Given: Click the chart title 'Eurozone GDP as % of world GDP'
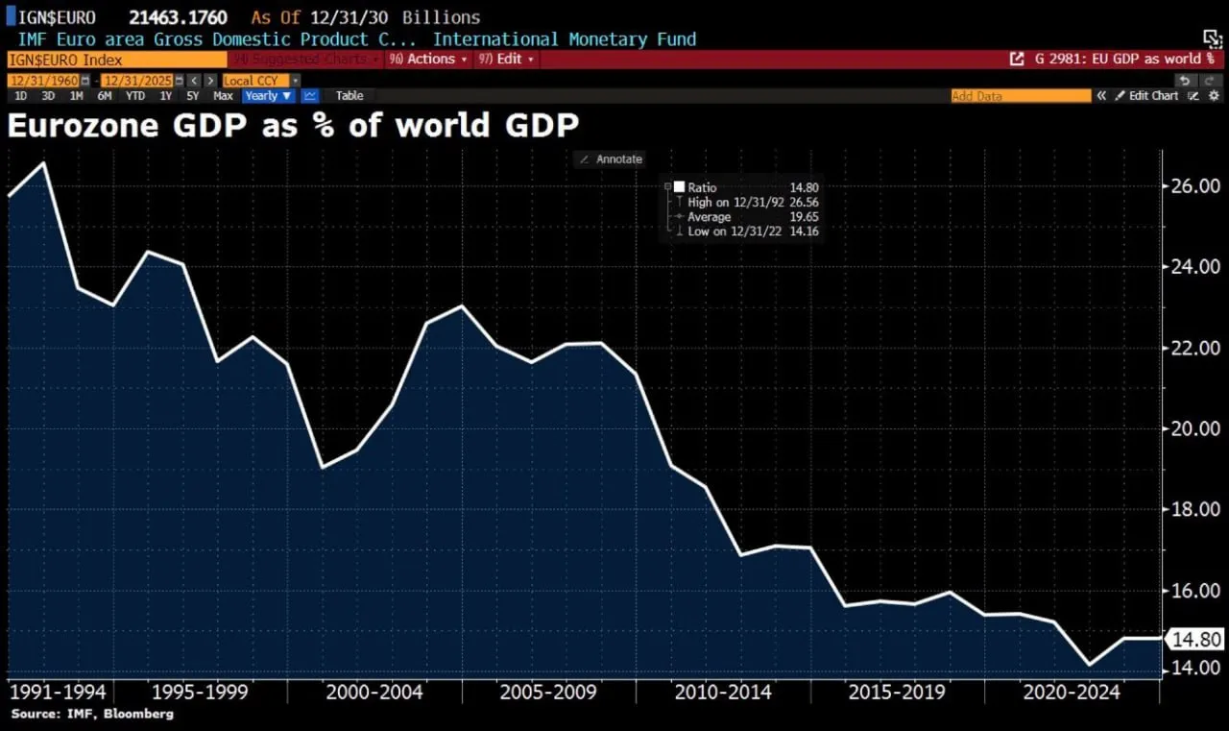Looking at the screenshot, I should [x=293, y=126].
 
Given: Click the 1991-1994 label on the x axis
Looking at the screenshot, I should [x=57, y=693].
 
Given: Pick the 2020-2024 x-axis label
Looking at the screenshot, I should [x=1071, y=693].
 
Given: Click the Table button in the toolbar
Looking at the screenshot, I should [x=349, y=96].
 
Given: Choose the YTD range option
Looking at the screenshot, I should [x=135, y=96].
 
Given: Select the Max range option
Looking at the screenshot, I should [x=223, y=96].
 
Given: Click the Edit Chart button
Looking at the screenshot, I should [x=1152, y=96].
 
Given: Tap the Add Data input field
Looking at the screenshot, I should [x=1021, y=96].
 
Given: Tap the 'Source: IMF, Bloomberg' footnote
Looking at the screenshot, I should [x=92, y=715].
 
